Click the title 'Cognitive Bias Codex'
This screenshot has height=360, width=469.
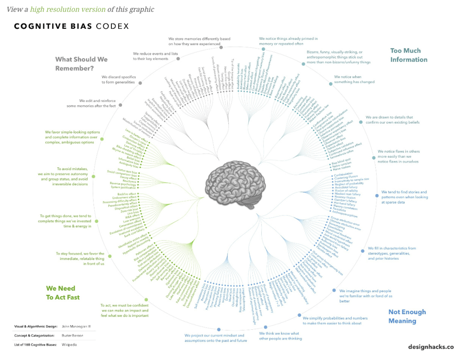[71, 26]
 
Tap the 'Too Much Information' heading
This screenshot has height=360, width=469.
[408, 55]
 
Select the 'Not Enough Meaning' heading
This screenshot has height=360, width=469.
[407, 316]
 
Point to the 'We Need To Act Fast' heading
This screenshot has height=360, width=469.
[63, 293]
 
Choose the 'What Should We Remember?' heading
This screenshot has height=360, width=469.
[81, 63]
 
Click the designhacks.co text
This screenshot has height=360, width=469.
[430, 347]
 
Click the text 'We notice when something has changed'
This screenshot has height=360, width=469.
[354, 79]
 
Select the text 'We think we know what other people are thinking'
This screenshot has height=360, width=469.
[281, 336]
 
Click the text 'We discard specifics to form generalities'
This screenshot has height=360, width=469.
[118, 79]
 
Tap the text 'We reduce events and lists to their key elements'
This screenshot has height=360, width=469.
[155, 56]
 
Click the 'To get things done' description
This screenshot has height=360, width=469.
[65, 221]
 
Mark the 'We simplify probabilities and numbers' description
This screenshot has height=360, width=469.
[332, 320]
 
